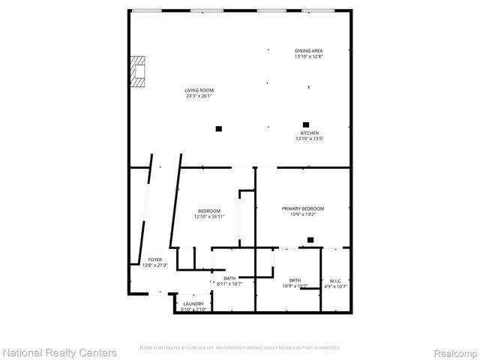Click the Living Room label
click(x=199, y=90)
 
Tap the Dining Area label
click(x=308, y=50)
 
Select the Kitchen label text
click(x=309, y=133)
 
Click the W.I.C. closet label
click(x=335, y=280)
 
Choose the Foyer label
click(x=154, y=259)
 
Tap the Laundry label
click(x=193, y=304)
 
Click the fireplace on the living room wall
click(x=136, y=72)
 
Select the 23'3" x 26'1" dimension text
click(x=199, y=96)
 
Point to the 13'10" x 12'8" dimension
click(x=308, y=56)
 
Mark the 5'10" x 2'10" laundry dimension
click(x=193, y=310)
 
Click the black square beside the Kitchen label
click(x=306, y=124)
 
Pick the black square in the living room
click(x=219, y=128)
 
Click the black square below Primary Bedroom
click(x=310, y=241)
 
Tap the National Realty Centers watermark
click(x=60, y=352)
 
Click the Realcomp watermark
click(x=456, y=352)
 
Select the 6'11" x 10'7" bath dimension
click(x=229, y=284)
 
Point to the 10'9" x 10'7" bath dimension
click(x=295, y=286)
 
